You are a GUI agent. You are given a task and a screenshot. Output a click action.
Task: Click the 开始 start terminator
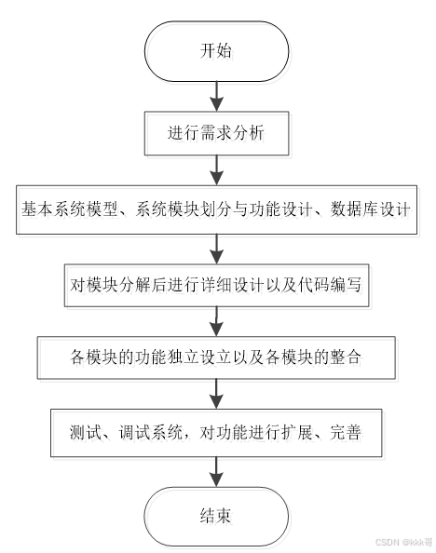tap(217, 51)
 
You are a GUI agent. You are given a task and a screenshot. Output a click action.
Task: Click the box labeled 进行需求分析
tap(217, 133)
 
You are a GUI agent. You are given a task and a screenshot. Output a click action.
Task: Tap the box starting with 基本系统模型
tap(217, 211)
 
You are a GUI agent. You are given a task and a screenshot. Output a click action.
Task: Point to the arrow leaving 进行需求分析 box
tap(217, 171)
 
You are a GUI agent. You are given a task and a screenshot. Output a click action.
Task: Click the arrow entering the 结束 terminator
tap(217, 474)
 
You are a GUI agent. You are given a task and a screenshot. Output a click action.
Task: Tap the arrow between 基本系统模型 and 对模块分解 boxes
tap(217, 249)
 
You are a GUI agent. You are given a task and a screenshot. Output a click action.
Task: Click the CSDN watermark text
tap(402, 542)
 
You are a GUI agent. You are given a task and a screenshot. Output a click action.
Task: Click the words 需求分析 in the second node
tap(232, 133)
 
